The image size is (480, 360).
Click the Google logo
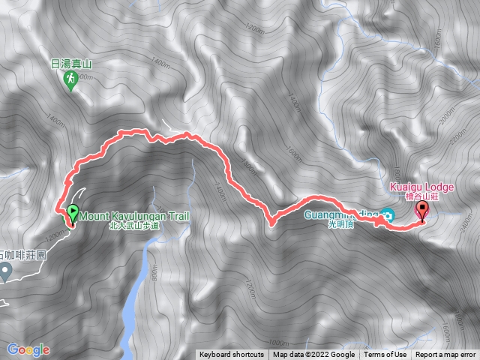click(x=28, y=349)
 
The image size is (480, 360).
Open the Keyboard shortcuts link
click(x=231, y=355)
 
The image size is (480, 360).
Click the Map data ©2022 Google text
click(x=313, y=355)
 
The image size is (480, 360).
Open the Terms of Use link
click(x=385, y=355)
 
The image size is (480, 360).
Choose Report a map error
click(x=445, y=355)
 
